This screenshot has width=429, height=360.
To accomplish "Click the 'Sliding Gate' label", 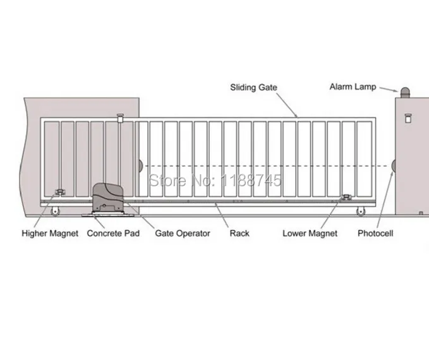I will [x=253, y=87].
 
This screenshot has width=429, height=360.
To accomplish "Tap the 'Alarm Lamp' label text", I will [x=353, y=87].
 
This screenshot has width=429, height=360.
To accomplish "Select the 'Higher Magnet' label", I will [x=50, y=233].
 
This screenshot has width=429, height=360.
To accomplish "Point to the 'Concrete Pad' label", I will [x=113, y=233].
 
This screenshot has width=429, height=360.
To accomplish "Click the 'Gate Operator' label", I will [x=183, y=233].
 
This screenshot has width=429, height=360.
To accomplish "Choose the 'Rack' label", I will [x=239, y=233].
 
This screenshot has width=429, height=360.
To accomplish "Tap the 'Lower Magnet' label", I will [x=310, y=233].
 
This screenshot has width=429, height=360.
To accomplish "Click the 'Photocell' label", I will [x=375, y=233].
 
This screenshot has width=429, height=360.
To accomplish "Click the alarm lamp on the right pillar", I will [x=404, y=92].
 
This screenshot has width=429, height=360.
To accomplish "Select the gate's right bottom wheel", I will [x=361, y=212].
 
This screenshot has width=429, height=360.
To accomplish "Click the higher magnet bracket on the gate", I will [x=61, y=192].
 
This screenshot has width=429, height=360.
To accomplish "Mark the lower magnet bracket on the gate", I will [x=346, y=198].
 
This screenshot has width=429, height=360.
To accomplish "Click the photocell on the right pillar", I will [x=394, y=165].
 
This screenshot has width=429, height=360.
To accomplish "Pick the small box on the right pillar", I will [x=406, y=117].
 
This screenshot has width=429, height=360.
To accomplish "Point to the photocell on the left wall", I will [x=140, y=165].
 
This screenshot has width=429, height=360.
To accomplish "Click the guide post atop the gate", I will [x=119, y=117].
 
